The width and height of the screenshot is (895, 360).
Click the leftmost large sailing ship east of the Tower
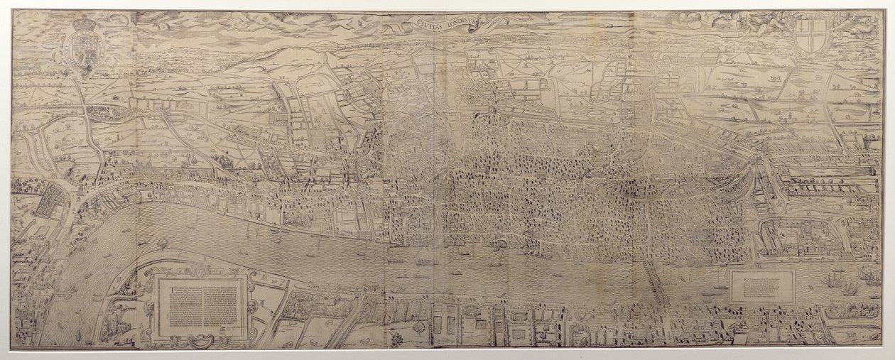click(830, 280)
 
